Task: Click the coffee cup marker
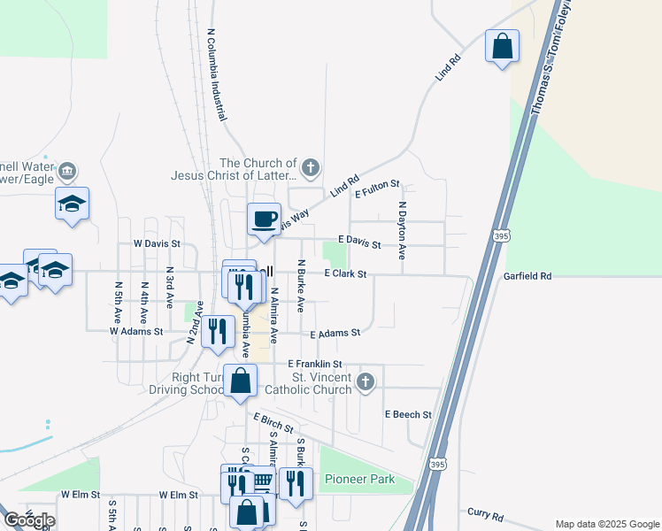264,218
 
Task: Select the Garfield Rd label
527,276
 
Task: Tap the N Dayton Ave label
401,228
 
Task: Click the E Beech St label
408,414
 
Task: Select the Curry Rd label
484,515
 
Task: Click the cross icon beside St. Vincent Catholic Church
366,382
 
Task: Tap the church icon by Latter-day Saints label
310,166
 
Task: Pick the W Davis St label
157,242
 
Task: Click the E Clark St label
345,274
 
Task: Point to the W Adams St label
136,331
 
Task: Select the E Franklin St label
314,364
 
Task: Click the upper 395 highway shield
500,236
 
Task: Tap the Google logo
29,519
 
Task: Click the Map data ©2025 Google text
606,524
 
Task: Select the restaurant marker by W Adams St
216,330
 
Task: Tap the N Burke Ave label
301,286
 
